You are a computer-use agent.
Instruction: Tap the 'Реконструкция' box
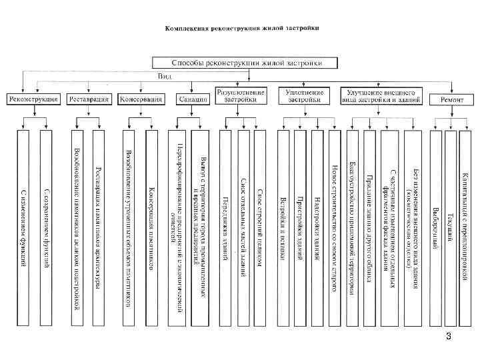point(33,99)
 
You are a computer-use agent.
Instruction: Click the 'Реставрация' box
point(89,99)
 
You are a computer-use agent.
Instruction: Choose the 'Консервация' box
point(141,99)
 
